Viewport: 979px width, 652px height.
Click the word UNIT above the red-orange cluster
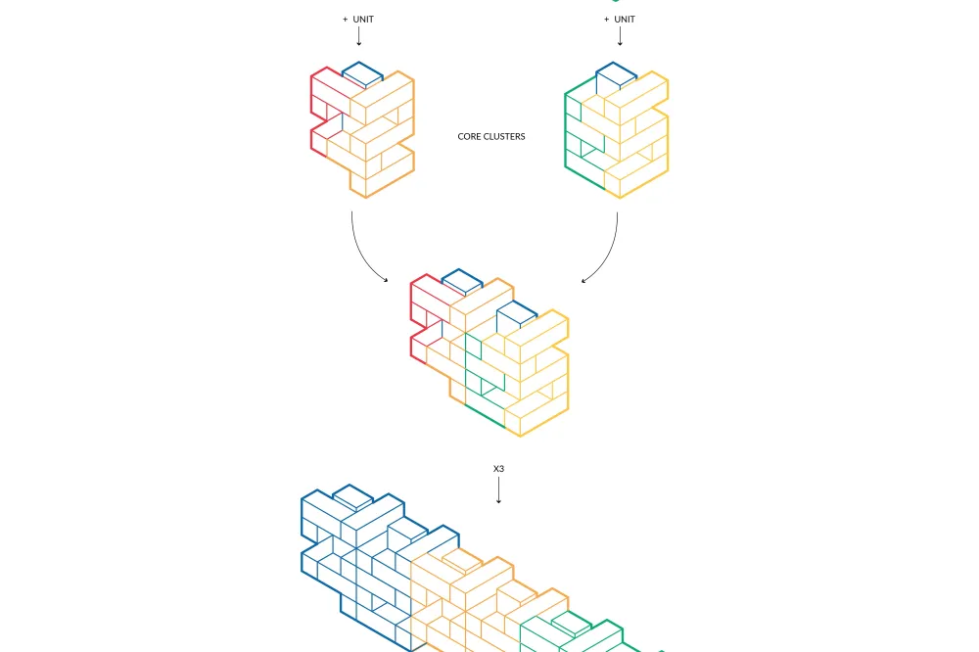coord(363,20)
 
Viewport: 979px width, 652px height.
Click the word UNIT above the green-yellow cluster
coord(625,20)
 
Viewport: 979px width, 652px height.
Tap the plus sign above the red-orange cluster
coord(346,20)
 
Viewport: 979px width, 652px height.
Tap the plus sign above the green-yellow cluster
coord(606,20)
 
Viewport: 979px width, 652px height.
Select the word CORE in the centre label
coord(468,137)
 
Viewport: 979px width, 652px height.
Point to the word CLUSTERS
coord(504,137)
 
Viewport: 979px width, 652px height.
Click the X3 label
coord(498,468)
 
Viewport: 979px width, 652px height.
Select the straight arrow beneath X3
coord(498,490)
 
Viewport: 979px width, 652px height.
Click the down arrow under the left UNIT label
coord(359,37)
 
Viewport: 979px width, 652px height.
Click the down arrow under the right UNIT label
coord(620,37)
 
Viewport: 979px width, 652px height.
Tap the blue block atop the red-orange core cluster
coord(362,74)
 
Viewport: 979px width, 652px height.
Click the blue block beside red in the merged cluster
coord(461,280)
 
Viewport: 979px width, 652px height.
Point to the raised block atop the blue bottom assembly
coord(352,496)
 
